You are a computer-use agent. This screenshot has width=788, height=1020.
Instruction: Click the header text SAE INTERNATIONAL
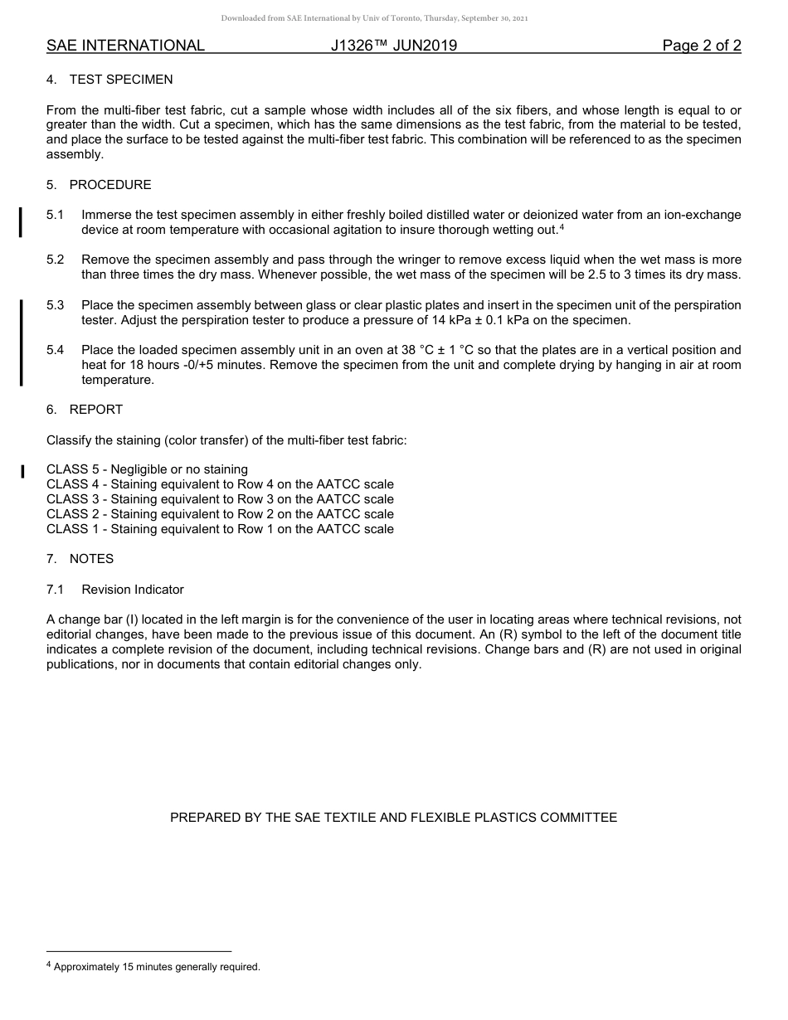coord(125,46)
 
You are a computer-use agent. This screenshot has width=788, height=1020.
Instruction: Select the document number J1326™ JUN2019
coord(394,46)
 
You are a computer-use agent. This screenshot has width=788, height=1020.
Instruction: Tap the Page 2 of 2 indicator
coord(702,46)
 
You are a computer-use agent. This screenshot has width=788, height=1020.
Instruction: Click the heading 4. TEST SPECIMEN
coord(109,80)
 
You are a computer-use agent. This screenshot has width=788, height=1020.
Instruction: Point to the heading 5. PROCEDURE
coord(99,185)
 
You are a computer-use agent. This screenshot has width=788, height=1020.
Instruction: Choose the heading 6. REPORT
coord(85,410)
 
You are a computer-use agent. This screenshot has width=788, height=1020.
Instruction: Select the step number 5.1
coord(55,215)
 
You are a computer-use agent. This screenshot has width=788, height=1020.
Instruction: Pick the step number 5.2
coord(55,260)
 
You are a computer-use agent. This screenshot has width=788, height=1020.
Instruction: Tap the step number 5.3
coord(55,305)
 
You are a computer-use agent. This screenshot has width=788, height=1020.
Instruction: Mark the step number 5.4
coord(55,350)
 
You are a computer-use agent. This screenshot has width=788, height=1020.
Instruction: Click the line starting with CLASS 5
coord(147,469)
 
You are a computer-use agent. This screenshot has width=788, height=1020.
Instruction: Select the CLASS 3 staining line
coord(220,499)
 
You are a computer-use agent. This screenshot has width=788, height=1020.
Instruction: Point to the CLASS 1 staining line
coord(220,529)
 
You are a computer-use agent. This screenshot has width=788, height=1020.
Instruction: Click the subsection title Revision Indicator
coord(133,590)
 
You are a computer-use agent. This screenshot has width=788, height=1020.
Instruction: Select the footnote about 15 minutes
coord(156,967)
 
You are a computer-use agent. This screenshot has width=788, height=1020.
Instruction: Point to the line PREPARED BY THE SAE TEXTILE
coord(393,818)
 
